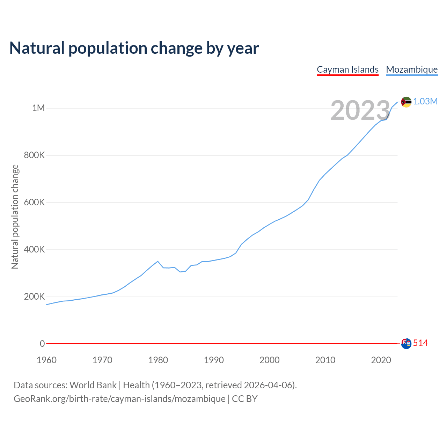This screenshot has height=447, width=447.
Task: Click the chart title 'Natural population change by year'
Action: (x=134, y=48)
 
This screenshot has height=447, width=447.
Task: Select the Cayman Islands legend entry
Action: (x=347, y=69)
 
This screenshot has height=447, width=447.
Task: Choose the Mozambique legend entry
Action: (x=412, y=69)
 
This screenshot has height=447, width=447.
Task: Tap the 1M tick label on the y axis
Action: (x=38, y=108)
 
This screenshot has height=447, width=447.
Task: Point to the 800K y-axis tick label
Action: (x=34, y=155)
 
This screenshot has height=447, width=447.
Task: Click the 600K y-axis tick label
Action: (x=34, y=202)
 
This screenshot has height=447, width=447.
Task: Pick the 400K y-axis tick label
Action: (x=34, y=249)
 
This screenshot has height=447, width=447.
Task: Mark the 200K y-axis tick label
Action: (x=34, y=296)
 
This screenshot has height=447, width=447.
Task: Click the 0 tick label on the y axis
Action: (x=42, y=344)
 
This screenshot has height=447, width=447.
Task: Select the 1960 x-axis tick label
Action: (x=46, y=360)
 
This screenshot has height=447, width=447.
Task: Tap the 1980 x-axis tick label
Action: (x=158, y=360)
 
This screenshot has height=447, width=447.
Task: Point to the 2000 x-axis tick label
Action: (x=269, y=360)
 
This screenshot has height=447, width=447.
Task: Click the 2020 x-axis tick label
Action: (x=381, y=360)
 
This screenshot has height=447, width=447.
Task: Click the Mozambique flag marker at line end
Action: (x=406, y=102)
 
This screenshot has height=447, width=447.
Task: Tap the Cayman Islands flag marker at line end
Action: (x=406, y=344)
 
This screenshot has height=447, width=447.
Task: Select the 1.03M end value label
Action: (x=425, y=101)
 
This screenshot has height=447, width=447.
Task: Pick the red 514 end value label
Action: (x=420, y=343)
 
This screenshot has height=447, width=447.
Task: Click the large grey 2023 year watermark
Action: (x=360, y=110)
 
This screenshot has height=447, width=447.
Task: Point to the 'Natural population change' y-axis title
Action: (x=15, y=217)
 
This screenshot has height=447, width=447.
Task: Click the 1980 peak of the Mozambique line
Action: (x=158, y=261)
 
